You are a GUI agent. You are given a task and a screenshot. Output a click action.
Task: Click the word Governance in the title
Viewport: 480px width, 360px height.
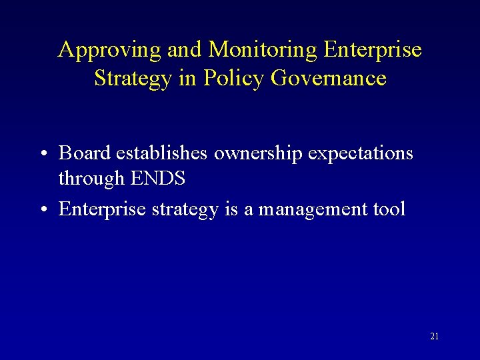pyautogui.click(x=329, y=79)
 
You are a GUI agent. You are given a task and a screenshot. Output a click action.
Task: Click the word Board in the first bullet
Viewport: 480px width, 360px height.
pyautogui.click(x=85, y=153)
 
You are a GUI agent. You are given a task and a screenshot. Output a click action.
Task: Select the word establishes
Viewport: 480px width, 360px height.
pyautogui.click(x=162, y=153)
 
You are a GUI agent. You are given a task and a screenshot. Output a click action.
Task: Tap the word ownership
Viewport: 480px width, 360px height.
pyautogui.click(x=259, y=155)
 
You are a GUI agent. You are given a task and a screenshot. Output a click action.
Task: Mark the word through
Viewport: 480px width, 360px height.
pyautogui.click(x=91, y=179)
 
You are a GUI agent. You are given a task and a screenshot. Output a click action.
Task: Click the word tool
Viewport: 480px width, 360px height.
pyautogui.click(x=387, y=209)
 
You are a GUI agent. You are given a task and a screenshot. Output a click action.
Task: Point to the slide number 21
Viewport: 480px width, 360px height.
pyautogui.click(x=434, y=337)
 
